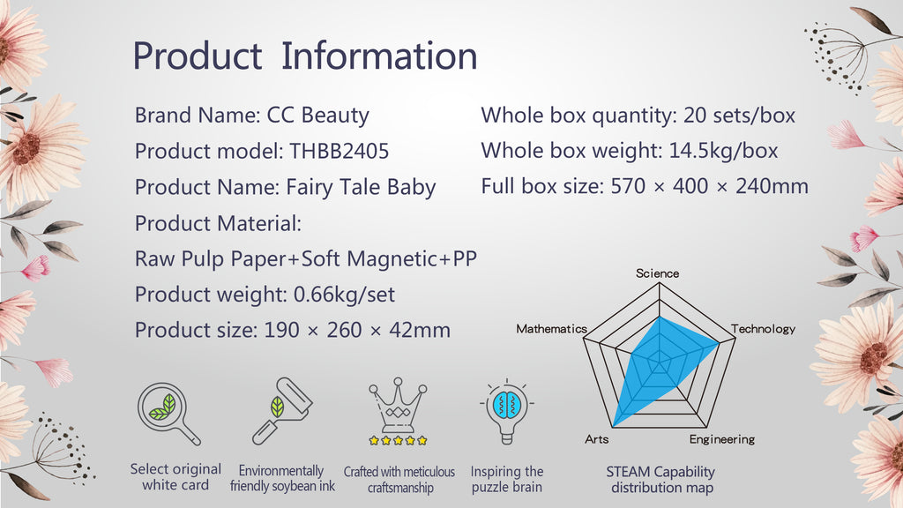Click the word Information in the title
click(379, 56)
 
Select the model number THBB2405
click(340, 152)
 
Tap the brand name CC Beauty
click(317, 116)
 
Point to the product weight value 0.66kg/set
click(345, 295)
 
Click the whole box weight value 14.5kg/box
click(723, 151)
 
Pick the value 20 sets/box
click(740, 116)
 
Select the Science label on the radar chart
click(657, 273)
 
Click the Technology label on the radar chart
click(763, 329)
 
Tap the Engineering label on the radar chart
click(722, 439)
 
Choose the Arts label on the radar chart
click(597, 439)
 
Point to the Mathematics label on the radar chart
click(551, 329)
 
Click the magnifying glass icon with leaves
click(168, 414)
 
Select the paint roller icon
click(282, 411)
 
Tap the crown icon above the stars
click(398, 404)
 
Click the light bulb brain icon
click(507, 411)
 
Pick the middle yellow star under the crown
click(398, 441)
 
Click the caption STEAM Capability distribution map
click(661, 480)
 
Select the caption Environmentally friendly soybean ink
click(282, 479)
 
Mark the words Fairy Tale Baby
click(361, 188)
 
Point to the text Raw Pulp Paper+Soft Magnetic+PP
click(306, 259)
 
